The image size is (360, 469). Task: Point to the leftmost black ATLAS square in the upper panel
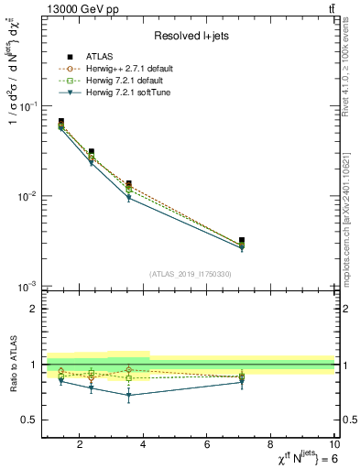(x=61, y=122)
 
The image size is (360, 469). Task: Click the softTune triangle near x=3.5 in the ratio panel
(x=129, y=396)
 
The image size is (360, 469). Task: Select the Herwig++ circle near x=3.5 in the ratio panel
(x=129, y=370)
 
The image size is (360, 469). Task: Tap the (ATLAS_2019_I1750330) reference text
(x=189, y=274)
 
